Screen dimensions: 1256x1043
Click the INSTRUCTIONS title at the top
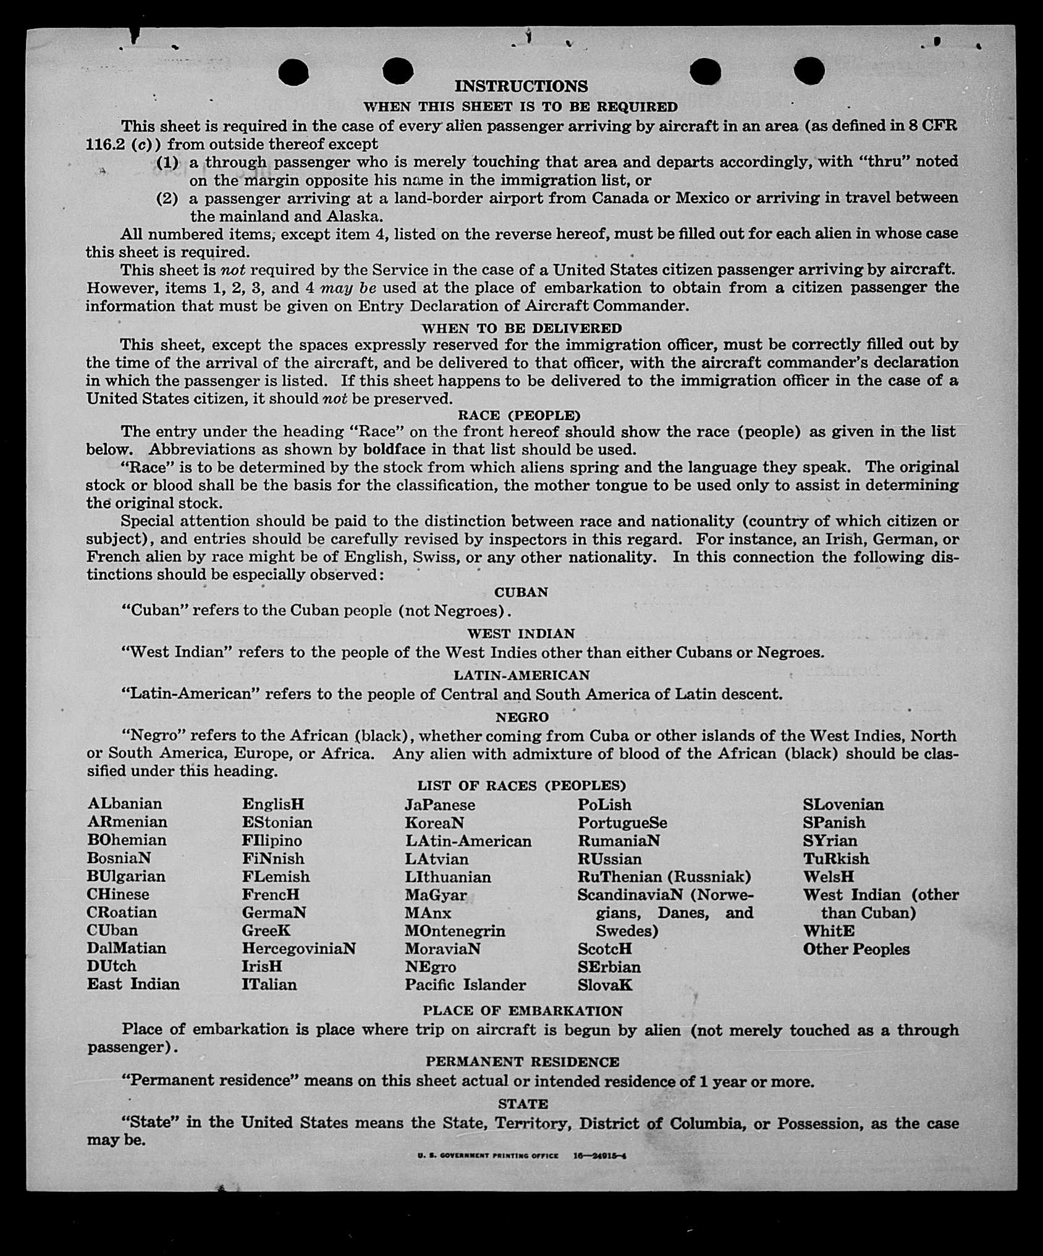(521, 86)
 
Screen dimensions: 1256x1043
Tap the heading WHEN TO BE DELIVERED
(521, 328)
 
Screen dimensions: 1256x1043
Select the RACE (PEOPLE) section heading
(519, 415)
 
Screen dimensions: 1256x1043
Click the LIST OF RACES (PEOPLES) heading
(521, 786)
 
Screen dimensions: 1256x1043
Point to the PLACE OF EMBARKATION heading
(522, 1011)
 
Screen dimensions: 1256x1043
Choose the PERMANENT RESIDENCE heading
(522, 1061)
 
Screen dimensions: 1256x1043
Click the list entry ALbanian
(125, 804)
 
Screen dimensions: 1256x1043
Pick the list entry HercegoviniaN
(298, 948)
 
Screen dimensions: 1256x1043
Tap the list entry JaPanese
(440, 805)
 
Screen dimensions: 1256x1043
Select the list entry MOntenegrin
(455, 931)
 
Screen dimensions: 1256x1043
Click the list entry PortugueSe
(622, 823)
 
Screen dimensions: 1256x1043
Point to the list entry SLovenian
(843, 804)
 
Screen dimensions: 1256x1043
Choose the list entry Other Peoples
(856, 949)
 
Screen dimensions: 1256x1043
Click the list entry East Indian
(133, 984)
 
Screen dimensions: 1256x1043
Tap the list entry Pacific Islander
(465, 985)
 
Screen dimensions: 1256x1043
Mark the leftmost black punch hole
(293, 72)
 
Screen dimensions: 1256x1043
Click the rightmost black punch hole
(809, 72)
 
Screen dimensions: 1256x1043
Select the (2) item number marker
(167, 198)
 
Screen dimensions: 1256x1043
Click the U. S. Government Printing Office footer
(488, 1155)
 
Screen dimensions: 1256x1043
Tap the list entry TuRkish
(835, 859)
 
